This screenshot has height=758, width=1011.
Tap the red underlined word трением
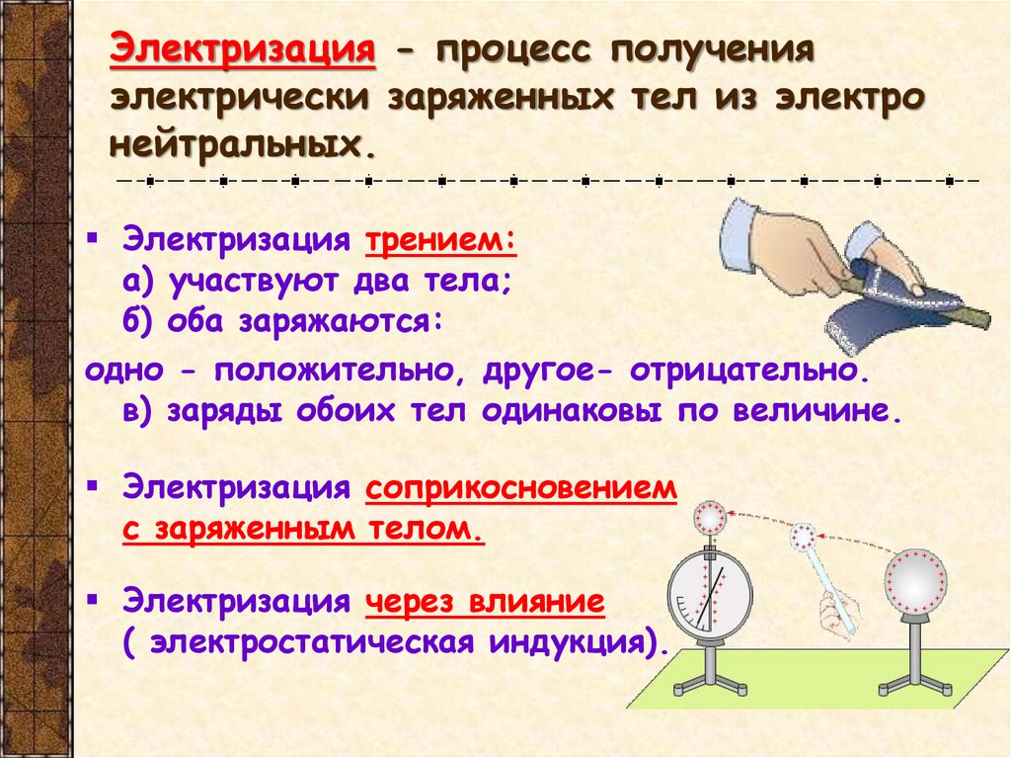(x=440, y=242)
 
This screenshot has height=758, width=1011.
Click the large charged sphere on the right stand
(x=914, y=582)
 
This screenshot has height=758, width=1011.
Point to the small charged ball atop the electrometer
(x=709, y=516)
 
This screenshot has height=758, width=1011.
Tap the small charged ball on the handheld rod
(x=805, y=537)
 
